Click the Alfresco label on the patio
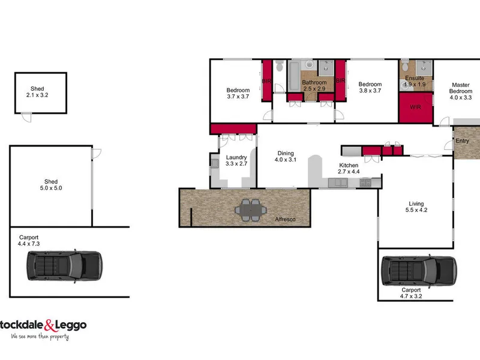[x=285, y=219]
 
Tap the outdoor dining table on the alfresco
[x=251, y=210]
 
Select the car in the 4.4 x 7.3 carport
[x=64, y=266]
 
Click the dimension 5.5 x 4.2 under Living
[x=416, y=210]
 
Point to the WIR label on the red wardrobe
[x=415, y=107]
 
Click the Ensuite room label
[x=415, y=78]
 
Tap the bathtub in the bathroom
[x=294, y=76]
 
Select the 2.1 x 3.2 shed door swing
[x=26, y=118]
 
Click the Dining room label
[x=286, y=154]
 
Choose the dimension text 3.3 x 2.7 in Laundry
[x=236, y=164]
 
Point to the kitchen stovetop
[x=365, y=183]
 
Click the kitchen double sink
[x=338, y=183]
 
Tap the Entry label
[x=462, y=141]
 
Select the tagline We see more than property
[x=40, y=337]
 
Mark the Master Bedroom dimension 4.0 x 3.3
[x=461, y=98]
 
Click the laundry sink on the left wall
[x=215, y=163]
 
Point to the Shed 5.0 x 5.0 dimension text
[x=51, y=188]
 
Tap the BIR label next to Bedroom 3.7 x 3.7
[x=266, y=82]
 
